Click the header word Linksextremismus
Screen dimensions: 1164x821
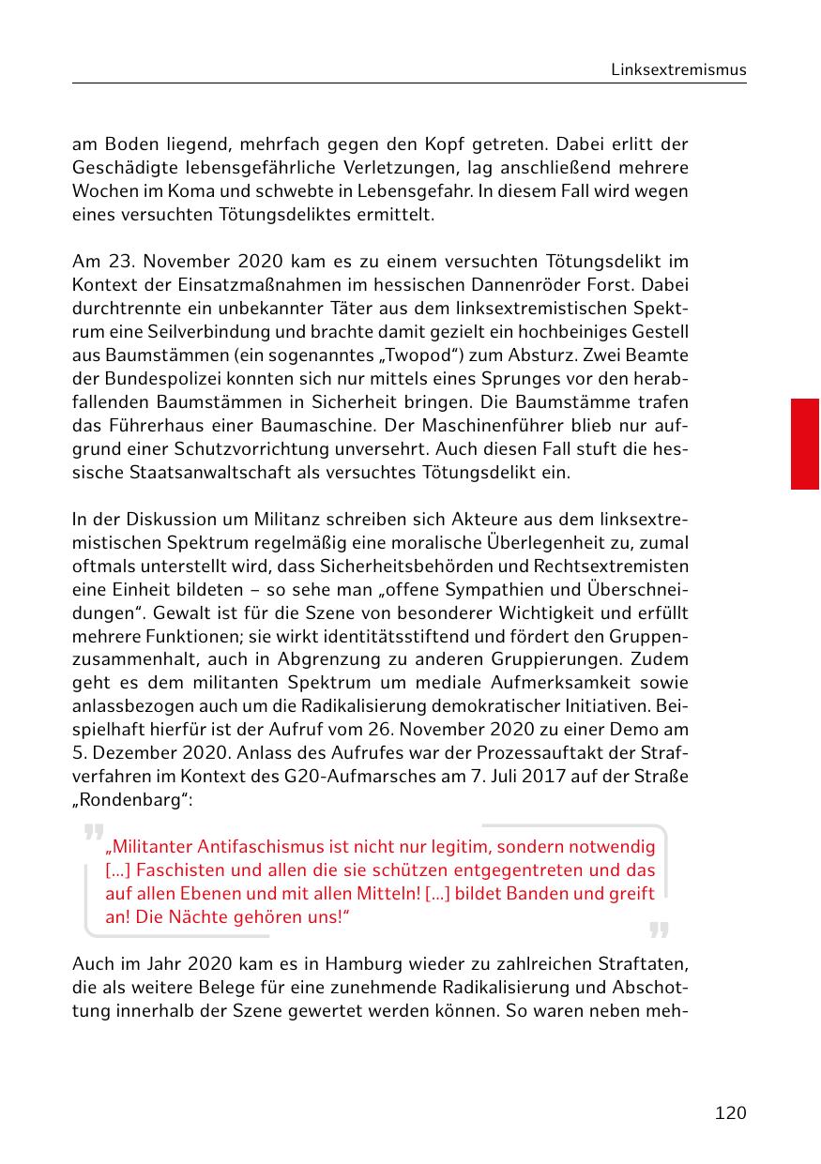coord(677,69)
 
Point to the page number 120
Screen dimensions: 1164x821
coord(730,1112)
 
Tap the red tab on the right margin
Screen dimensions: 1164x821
coord(804,444)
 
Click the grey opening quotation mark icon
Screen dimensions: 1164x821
coord(93,832)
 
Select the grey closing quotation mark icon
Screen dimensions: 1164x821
coord(659,930)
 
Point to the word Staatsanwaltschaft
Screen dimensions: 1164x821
coord(193,472)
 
